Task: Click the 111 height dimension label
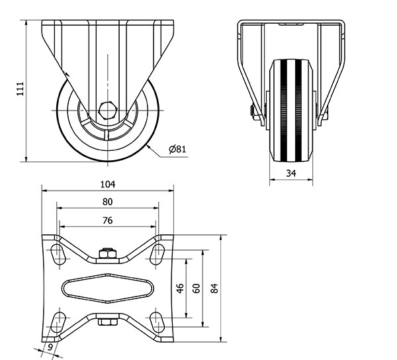click(x=21, y=89)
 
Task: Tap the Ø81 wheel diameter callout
click(x=177, y=149)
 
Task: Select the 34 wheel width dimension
click(x=291, y=173)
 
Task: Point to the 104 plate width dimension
click(x=108, y=185)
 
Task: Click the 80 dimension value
click(x=107, y=202)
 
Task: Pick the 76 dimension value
click(x=108, y=220)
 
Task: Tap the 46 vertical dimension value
click(x=180, y=289)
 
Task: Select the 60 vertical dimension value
click(x=197, y=289)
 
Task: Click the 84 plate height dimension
click(x=214, y=289)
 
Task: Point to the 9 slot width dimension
click(x=50, y=347)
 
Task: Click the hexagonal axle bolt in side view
click(x=108, y=111)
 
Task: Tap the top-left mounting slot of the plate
click(x=58, y=254)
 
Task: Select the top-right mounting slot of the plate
click(x=157, y=254)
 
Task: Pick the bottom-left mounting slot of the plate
click(x=58, y=322)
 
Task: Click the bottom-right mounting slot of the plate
click(x=157, y=322)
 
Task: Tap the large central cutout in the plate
click(x=108, y=288)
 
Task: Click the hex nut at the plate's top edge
click(x=108, y=253)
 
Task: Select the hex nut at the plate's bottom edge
click(x=108, y=322)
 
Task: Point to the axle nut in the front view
click(x=253, y=112)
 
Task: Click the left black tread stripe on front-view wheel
click(x=284, y=111)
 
